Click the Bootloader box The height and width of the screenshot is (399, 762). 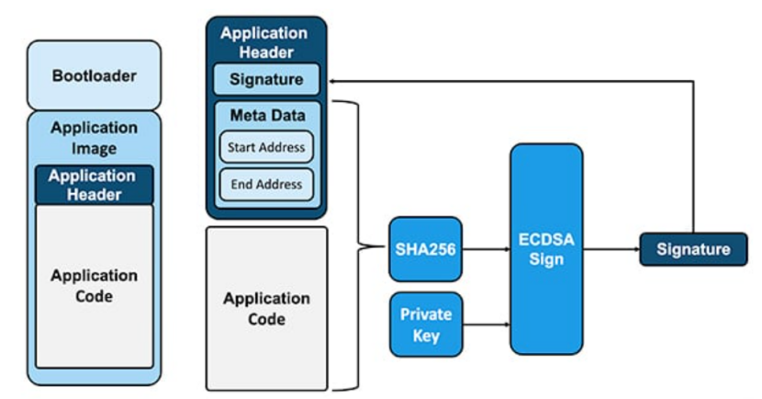point(94,75)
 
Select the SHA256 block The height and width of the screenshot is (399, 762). point(426,249)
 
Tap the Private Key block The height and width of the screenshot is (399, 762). point(426,325)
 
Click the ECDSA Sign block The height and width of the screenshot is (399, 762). point(546,249)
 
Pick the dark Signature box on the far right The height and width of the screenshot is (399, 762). point(693,249)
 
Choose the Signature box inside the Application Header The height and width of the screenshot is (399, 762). point(266,79)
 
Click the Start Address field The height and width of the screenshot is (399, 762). point(266,147)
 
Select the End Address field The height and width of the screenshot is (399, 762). point(266,185)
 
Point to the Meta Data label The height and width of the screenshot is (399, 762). point(268,115)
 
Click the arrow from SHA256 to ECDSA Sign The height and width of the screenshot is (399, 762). point(486,249)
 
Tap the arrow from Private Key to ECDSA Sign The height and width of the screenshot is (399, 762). point(486,324)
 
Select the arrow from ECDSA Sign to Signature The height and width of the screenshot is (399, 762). point(611,249)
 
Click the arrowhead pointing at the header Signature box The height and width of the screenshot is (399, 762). point(331,81)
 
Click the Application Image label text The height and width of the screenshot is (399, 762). point(94,138)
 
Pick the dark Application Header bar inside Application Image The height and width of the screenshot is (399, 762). point(94,185)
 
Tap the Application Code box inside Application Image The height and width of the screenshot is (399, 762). point(95,286)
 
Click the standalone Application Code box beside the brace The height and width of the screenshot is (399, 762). point(267,309)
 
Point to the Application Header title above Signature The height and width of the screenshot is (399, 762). point(264,42)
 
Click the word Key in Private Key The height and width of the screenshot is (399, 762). point(426,336)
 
